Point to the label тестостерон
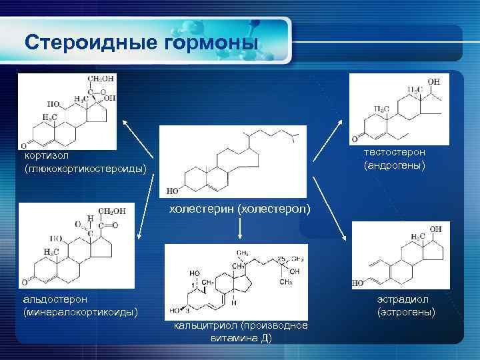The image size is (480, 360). coord(395,153)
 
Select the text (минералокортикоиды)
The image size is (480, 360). coord(81,311)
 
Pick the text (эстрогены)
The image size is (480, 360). coord(405,311)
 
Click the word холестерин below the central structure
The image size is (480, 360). coord(200,209)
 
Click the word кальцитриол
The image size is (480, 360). coord(203,325)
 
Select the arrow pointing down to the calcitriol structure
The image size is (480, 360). coord(239,229)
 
